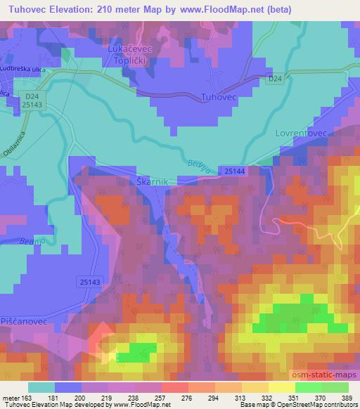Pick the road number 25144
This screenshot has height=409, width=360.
point(236,171)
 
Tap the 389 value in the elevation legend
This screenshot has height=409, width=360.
point(347,398)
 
